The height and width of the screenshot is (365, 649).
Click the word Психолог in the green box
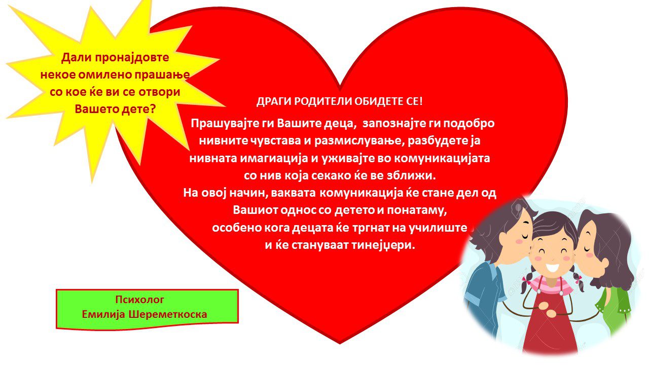pyautogui.click(x=139, y=300)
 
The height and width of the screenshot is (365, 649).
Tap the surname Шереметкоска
pyautogui.click(x=168, y=314)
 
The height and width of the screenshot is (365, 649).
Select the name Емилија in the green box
pyautogui.click(x=103, y=315)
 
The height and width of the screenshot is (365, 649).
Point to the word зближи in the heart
pyautogui.click(x=416, y=176)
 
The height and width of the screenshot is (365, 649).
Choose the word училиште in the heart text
pyautogui.click(x=438, y=228)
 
